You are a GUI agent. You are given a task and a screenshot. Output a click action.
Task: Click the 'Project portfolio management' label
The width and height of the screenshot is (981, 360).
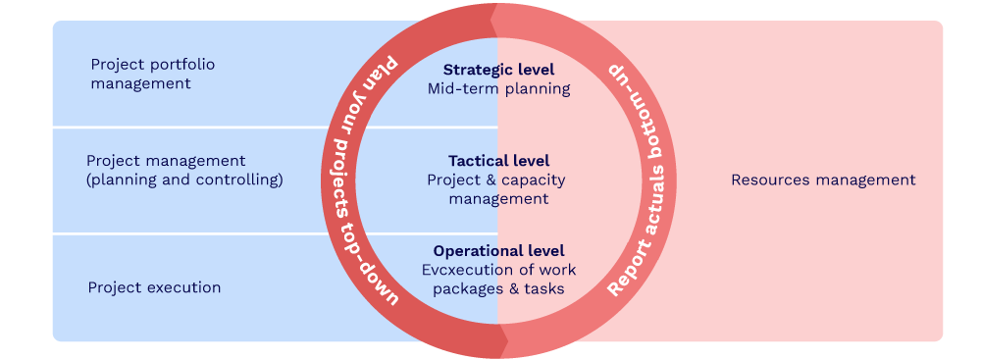pos(152,74)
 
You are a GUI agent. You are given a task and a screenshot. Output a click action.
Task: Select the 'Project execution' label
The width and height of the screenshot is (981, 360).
pos(154,287)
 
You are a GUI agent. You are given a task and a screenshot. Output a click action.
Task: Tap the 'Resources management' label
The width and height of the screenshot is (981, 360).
pos(823,180)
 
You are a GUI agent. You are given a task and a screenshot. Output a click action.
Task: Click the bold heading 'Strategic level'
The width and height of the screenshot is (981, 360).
pos(498,70)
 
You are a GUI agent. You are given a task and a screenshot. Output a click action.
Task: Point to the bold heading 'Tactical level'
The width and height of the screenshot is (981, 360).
pos(498,160)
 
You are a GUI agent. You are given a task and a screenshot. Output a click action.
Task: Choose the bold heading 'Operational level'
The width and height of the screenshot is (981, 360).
pos(498,250)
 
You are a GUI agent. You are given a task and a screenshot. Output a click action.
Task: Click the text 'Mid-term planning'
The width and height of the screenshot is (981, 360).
pos(498,88)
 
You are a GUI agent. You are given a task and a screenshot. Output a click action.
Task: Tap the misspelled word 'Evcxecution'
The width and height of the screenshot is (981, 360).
pos(464,269)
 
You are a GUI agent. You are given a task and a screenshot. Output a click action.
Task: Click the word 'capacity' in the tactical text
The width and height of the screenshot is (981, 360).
pos(534,180)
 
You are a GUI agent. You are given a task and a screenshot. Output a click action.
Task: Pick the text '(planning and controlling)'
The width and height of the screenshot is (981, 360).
pos(184,180)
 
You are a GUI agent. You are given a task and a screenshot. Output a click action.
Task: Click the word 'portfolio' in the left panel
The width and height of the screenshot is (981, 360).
pos(181,65)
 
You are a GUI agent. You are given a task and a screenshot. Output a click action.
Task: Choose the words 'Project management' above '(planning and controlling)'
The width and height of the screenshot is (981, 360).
pos(166,161)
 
